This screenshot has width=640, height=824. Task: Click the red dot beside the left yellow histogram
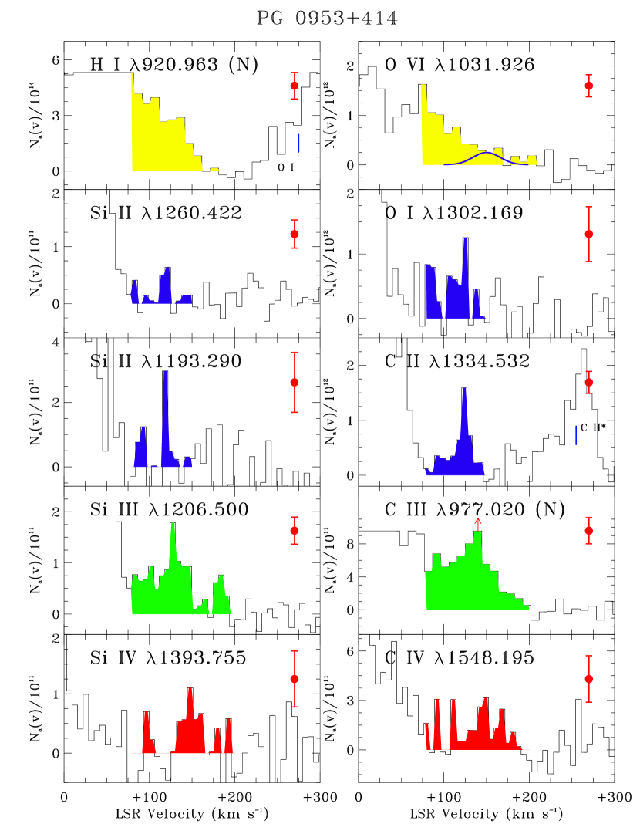click(x=295, y=86)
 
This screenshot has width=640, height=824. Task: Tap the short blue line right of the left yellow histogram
click(x=298, y=144)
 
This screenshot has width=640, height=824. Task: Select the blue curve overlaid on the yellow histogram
click(x=486, y=154)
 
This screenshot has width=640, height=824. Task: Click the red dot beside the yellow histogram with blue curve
click(x=589, y=86)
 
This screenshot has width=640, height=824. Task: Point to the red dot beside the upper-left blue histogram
click(x=295, y=234)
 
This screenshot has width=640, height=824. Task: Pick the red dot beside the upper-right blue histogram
click(x=589, y=234)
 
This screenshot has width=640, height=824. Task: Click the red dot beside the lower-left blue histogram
click(x=295, y=382)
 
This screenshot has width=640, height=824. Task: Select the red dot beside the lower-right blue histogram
click(x=589, y=382)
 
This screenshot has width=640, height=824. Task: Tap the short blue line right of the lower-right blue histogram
click(x=575, y=435)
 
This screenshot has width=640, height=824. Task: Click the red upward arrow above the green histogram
click(x=478, y=523)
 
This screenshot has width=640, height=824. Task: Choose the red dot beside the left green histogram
click(x=295, y=530)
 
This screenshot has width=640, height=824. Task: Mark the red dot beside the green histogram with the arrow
click(x=589, y=530)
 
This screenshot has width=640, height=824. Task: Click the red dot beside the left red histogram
click(x=295, y=679)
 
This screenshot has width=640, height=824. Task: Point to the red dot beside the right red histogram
click(x=589, y=679)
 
